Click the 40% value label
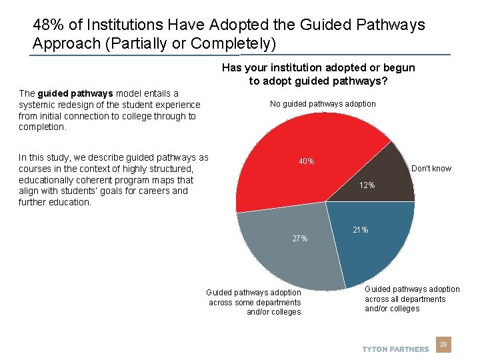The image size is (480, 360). (x=307, y=161)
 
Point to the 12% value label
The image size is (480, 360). (x=367, y=185)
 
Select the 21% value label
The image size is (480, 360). (x=361, y=230)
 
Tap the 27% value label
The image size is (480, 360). (x=300, y=239)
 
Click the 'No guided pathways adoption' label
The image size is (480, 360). (x=323, y=104)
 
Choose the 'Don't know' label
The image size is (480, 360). (x=431, y=169)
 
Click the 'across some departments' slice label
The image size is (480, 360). (x=254, y=302)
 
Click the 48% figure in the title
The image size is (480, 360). (x=47, y=25)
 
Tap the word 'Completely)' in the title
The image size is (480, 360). (x=233, y=43)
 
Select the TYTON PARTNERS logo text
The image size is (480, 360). (x=395, y=349)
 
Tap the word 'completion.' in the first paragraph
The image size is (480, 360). (x=43, y=127)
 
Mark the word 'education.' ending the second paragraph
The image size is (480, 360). (x=70, y=202)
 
